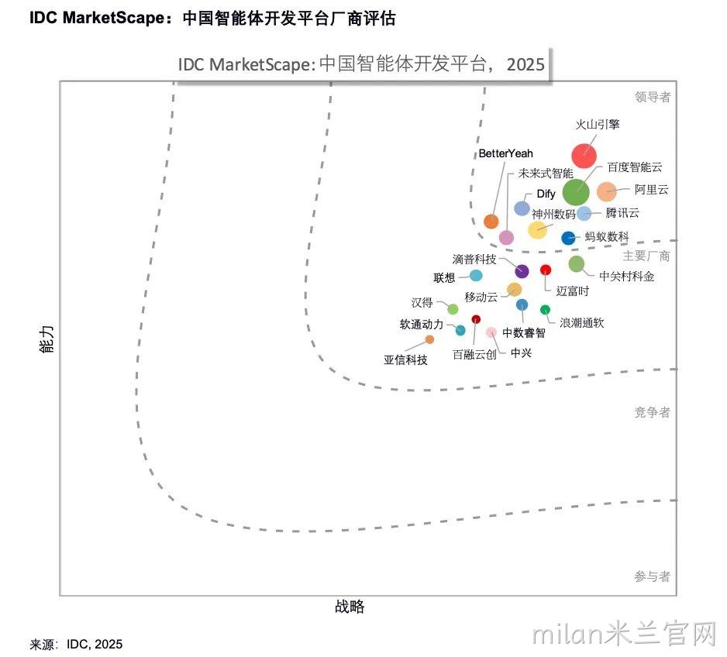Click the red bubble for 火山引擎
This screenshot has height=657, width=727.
pyautogui.click(x=584, y=156)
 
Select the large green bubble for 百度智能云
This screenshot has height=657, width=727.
pyautogui.click(x=576, y=192)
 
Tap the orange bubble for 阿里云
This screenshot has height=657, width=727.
pyautogui.click(x=606, y=191)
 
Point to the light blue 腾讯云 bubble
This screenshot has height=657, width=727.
pyautogui.click(x=584, y=213)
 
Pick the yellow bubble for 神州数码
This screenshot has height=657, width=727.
pyautogui.click(x=537, y=230)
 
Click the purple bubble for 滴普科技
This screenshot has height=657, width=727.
pyautogui.click(x=522, y=271)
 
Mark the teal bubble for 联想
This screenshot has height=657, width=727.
pyautogui.click(x=476, y=276)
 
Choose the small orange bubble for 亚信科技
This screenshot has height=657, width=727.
pyautogui.click(x=430, y=339)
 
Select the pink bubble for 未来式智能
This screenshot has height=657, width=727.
pyautogui.click(x=506, y=237)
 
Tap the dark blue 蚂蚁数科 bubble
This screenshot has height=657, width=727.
pyautogui.click(x=568, y=238)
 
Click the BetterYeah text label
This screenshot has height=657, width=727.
pyautogui.click(x=506, y=153)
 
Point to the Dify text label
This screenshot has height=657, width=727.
pyautogui.click(x=546, y=194)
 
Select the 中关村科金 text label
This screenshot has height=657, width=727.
pyautogui.click(x=627, y=277)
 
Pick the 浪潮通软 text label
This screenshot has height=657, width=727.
pyautogui.click(x=582, y=323)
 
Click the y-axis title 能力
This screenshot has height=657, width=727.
pyautogui.click(x=47, y=339)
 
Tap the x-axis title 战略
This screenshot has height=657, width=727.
pyautogui.click(x=350, y=606)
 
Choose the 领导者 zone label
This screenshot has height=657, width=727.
pyautogui.click(x=653, y=97)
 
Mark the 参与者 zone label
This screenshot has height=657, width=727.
pyautogui.click(x=653, y=576)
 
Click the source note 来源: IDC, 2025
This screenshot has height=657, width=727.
pyautogui.click(x=76, y=644)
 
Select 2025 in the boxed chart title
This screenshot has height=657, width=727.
pyautogui.click(x=525, y=64)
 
